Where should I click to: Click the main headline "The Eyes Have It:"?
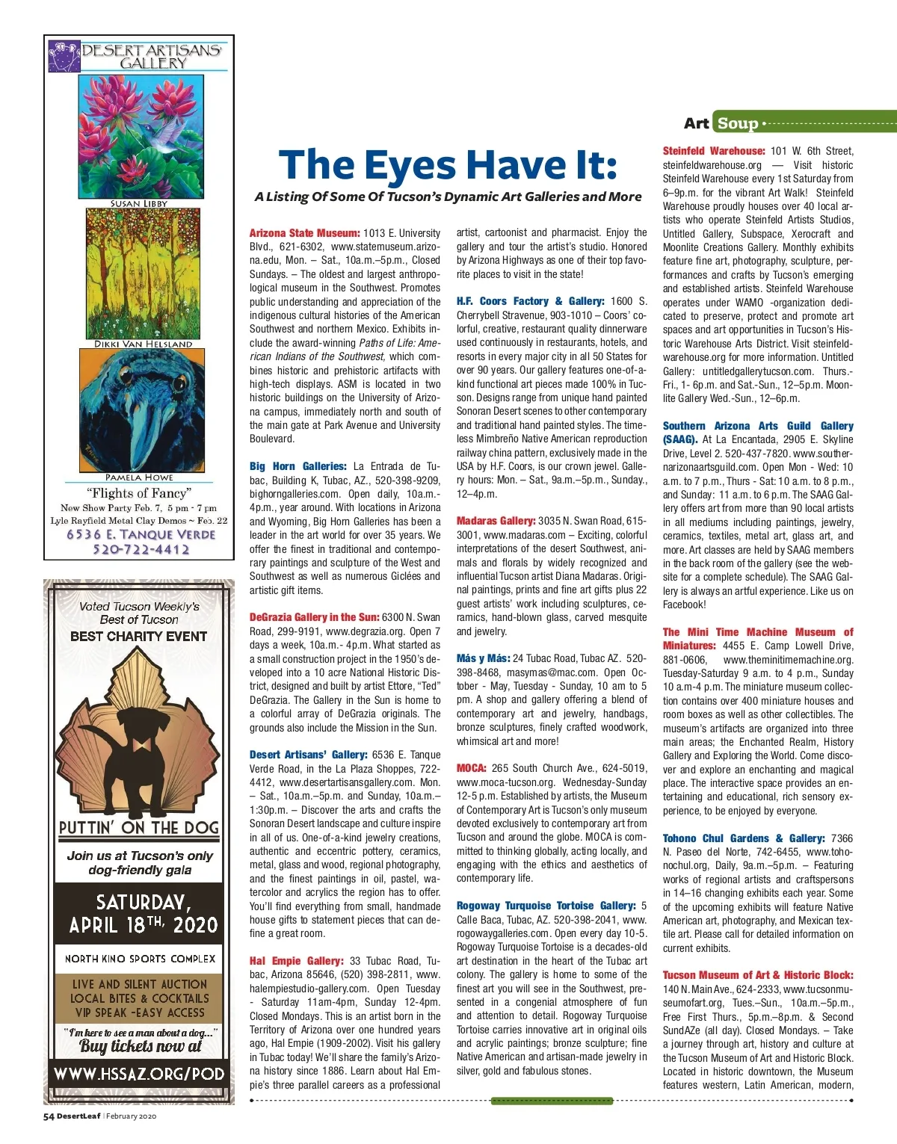pyautogui.click(x=448, y=165)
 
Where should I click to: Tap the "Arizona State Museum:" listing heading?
pyautogui.click(x=304, y=233)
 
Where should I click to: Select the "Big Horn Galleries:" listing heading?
pyautogui.click(x=298, y=466)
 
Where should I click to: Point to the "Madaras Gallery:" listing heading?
pyautogui.click(x=496, y=521)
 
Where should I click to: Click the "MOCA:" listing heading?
pyautogui.click(x=471, y=768)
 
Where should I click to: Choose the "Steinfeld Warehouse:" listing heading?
pyautogui.click(x=713, y=151)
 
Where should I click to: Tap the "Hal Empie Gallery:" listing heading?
pyautogui.click(x=296, y=961)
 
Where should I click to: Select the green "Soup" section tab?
pyautogui.click(x=737, y=123)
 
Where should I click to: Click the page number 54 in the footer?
pyautogui.click(x=49, y=1116)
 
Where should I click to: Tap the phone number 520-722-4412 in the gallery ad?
pyautogui.click(x=141, y=550)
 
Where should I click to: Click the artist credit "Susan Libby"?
pyautogui.click(x=139, y=203)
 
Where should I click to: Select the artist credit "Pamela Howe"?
pyautogui.click(x=139, y=477)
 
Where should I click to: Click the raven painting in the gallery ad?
pyautogui.click(x=139, y=411)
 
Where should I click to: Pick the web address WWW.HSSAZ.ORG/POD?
pyautogui.click(x=139, y=1075)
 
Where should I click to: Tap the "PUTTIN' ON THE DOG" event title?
pyautogui.click(x=139, y=828)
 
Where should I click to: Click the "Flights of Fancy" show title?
pyautogui.click(x=139, y=493)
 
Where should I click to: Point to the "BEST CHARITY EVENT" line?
pyautogui.click(x=139, y=637)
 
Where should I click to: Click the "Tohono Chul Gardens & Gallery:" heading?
pyautogui.click(x=744, y=838)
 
